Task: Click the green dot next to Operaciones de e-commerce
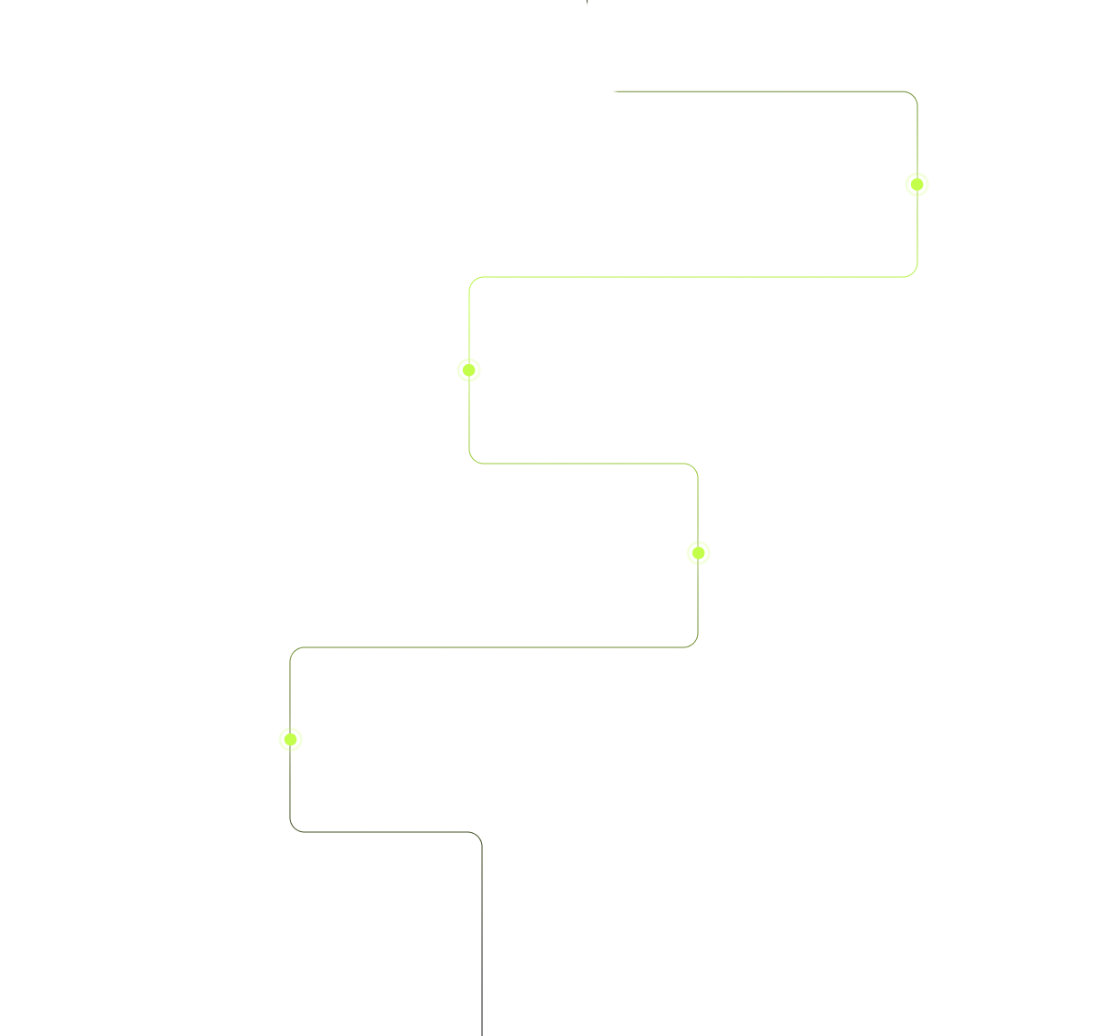[x=916, y=185]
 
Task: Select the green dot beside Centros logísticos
[x=469, y=369]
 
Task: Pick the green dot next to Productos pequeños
[x=698, y=552]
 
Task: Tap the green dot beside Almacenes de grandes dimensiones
[x=290, y=739]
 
